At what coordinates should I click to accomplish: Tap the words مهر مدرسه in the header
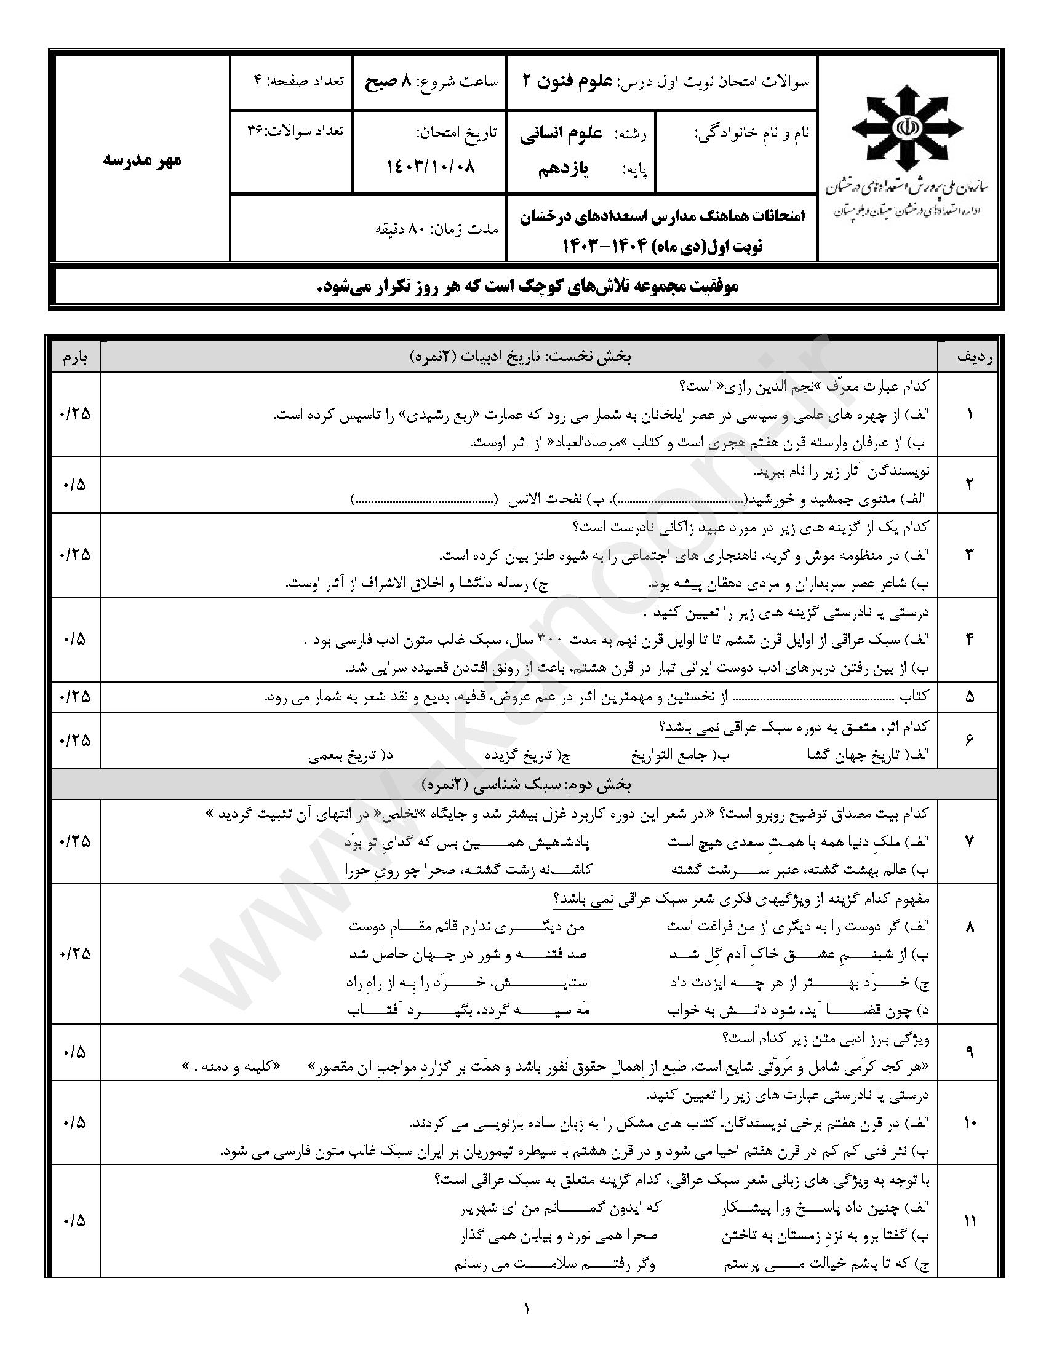[x=142, y=160]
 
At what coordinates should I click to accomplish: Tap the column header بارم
[x=76, y=357]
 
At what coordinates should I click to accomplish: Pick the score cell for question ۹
[x=76, y=1052]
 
